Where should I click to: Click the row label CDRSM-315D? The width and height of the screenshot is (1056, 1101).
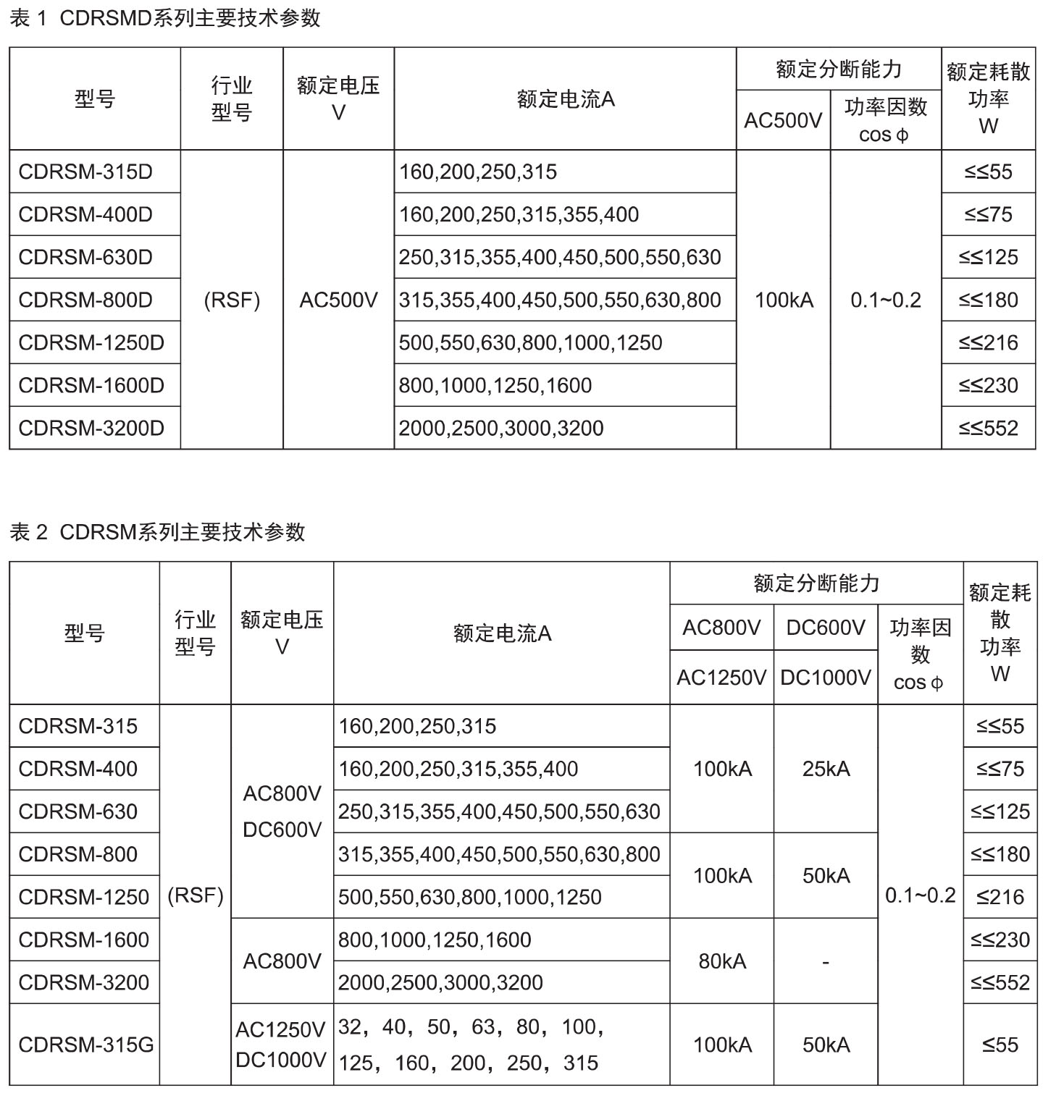pyautogui.click(x=85, y=172)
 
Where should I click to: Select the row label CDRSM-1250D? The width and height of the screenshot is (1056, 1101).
pyautogui.click(x=91, y=342)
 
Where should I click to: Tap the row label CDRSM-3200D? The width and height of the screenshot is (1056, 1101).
pyautogui.click(x=91, y=428)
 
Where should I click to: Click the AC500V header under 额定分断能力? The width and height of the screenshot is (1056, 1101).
pyautogui.click(x=783, y=120)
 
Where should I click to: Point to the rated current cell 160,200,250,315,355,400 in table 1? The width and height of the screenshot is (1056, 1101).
pyautogui.click(x=519, y=214)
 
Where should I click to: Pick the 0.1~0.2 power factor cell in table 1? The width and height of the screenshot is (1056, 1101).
pyautogui.click(x=885, y=300)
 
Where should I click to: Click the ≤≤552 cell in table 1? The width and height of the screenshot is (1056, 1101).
pyautogui.click(x=988, y=428)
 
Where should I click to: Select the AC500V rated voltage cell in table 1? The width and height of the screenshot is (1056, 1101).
pyautogui.click(x=338, y=300)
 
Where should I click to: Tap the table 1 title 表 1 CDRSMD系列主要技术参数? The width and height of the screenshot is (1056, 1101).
pyautogui.click(x=165, y=18)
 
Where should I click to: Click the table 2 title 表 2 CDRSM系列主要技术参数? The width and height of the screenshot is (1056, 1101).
pyautogui.click(x=158, y=532)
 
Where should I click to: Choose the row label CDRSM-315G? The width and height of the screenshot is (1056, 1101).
pyautogui.click(x=85, y=1045)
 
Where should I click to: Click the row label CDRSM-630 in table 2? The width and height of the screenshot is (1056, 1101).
pyautogui.click(x=77, y=811)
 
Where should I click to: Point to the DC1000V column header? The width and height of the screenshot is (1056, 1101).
pyautogui.click(x=825, y=678)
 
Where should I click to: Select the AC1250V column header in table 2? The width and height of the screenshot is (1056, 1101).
pyautogui.click(x=721, y=678)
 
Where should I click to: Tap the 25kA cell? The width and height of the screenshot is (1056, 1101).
pyautogui.click(x=825, y=769)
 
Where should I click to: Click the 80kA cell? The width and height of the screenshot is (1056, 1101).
pyautogui.click(x=721, y=961)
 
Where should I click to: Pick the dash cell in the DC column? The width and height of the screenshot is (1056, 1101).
pyautogui.click(x=825, y=961)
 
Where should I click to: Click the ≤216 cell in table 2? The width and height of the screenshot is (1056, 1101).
pyautogui.click(x=1000, y=897)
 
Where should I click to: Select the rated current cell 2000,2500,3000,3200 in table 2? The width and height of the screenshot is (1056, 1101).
pyautogui.click(x=440, y=982)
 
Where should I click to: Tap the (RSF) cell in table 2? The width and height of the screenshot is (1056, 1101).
pyautogui.click(x=195, y=895)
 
